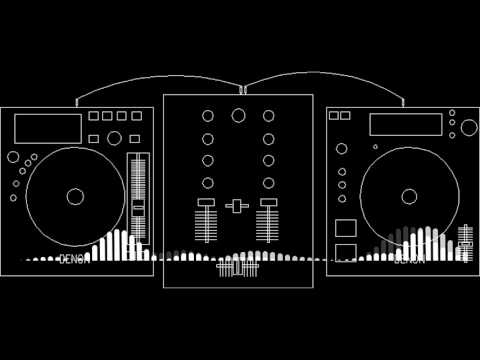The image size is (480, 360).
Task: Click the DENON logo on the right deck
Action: pyautogui.click(x=408, y=258)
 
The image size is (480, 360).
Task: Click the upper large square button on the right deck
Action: pyautogui.click(x=345, y=226)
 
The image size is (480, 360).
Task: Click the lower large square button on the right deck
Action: pyautogui.click(x=345, y=250)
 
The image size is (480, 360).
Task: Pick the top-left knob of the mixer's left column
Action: pyautogui.click(x=208, y=116)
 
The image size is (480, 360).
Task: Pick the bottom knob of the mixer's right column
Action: pyautogui.click(x=268, y=182)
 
